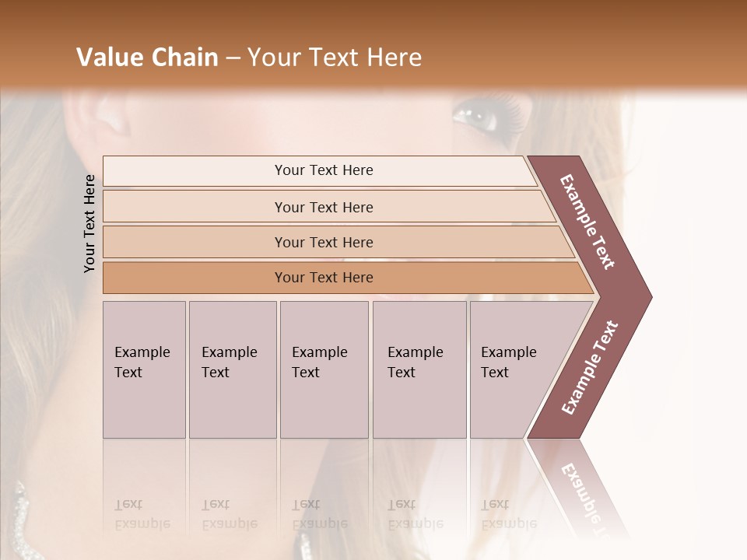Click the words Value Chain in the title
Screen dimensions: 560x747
[x=147, y=58]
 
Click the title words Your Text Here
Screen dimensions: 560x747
[x=335, y=58]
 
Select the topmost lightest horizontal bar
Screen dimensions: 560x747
[x=324, y=170]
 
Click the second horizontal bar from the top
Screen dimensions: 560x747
[x=324, y=207]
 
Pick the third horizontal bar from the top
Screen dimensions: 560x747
[x=324, y=242]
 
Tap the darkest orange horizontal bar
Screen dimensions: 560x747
[x=324, y=278]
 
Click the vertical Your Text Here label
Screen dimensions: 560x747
[x=89, y=223]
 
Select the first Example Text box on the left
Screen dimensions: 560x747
[x=144, y=369]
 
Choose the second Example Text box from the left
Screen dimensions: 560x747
[x=232, y=369]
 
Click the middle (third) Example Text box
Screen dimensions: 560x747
[x=324, y=369]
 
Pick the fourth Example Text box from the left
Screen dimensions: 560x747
[x=419, y=369]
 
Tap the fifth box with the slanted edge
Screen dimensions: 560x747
[x=514, y=369]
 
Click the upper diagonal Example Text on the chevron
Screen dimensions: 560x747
[x=588, y=222]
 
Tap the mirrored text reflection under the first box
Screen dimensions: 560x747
[x=142, y=513]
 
